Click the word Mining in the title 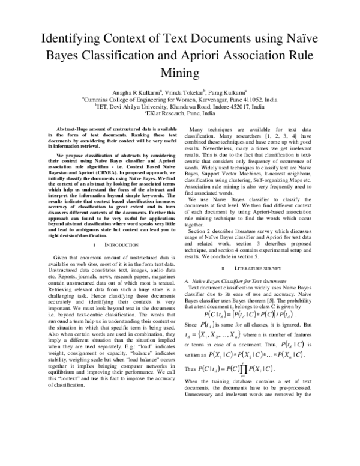(179, 73)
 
